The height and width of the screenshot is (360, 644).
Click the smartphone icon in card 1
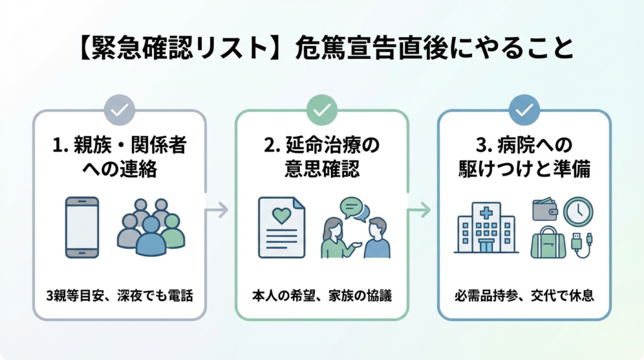(82, 227)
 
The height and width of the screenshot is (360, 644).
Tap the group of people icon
(151, 227)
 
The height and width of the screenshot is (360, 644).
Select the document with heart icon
(281, 227)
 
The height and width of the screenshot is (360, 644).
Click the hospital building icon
(486, 228)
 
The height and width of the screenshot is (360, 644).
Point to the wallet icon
(545, 210)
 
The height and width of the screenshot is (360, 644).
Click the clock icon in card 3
(578, 211)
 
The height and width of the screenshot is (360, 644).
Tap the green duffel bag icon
(548, 243)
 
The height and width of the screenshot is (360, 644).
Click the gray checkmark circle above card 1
(119, 110)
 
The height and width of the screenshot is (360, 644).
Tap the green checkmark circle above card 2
(321, 110)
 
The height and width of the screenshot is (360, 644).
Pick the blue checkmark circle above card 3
(524, 110)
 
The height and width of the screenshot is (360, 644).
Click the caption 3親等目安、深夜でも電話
(119, 295)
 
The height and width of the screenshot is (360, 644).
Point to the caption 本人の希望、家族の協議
(321, 295)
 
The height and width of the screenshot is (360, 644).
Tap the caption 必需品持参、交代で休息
(524, 295)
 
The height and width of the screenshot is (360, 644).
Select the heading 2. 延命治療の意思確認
(321, 157)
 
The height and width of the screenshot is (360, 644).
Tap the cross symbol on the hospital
(486, 213)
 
